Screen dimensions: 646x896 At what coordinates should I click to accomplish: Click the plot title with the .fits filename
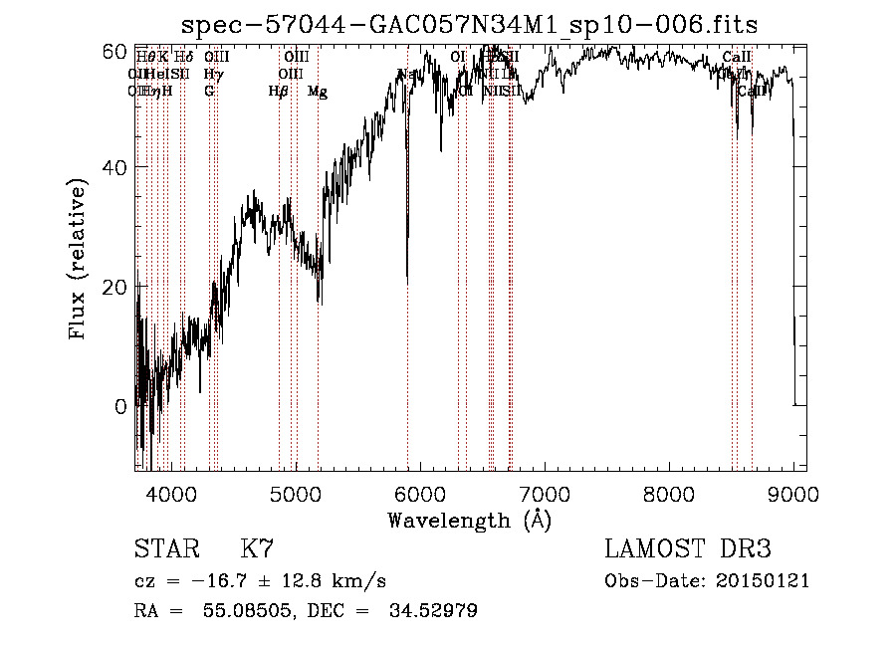click(477, 24)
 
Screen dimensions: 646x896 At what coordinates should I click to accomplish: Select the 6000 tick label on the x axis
click(420, 493)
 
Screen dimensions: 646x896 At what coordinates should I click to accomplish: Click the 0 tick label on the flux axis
click(120, 406)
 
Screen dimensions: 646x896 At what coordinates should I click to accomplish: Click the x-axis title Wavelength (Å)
click(469, 520)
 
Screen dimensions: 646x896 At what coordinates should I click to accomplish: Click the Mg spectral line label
click(317, 92)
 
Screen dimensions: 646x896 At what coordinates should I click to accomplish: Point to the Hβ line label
click(279, 92)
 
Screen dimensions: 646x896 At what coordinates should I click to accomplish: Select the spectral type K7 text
click(257, 549)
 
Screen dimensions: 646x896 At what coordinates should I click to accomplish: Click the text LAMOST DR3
click(688, 549)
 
